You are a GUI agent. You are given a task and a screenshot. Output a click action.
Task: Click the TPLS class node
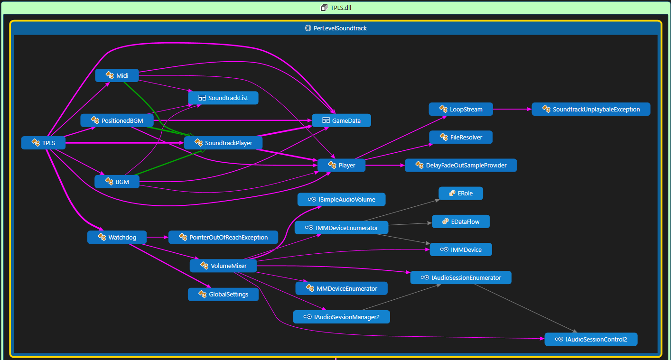pos(44,143)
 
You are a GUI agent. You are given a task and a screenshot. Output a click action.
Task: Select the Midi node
pos(117,75)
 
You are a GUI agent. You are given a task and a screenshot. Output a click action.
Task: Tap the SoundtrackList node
pos(223,98)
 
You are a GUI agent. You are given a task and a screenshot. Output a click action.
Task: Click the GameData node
pos(342,120)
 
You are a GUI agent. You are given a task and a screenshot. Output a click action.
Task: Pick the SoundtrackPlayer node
pos(223,143)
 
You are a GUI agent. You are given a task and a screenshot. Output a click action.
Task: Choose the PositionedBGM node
pos(117,120)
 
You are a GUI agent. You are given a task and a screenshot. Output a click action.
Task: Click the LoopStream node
pos(461,109)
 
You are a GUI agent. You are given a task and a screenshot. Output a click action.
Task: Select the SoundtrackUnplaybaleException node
pos(591,109)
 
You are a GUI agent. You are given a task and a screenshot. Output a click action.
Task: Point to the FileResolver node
pos(461,137)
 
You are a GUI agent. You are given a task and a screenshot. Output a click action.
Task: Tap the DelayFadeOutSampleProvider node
pos(461,166)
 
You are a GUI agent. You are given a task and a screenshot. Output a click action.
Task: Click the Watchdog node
pos(117,237)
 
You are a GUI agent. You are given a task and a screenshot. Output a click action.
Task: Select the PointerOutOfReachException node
pos(223,237)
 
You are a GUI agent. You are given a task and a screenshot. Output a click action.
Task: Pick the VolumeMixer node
pos(223,266)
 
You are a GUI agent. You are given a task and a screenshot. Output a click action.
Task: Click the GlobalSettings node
pos(223,295)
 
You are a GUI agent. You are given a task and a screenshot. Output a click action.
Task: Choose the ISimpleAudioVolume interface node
pos(342,200)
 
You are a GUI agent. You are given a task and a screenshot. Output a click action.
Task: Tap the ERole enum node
pos(461,193)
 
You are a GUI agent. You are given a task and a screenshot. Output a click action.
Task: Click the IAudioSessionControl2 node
pos(591,339)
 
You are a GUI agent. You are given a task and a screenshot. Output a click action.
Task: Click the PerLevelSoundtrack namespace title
pos(340,28)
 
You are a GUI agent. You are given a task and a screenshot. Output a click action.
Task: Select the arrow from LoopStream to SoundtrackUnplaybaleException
pos(512,109)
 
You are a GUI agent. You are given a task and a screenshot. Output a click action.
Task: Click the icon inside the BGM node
pos(109,182)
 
